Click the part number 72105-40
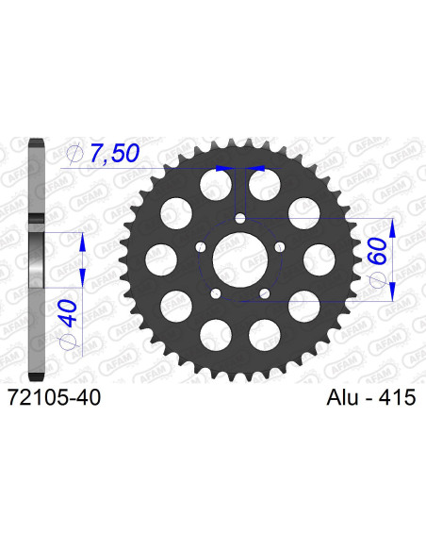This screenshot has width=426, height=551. pyautogui.click(x=57, y=400)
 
